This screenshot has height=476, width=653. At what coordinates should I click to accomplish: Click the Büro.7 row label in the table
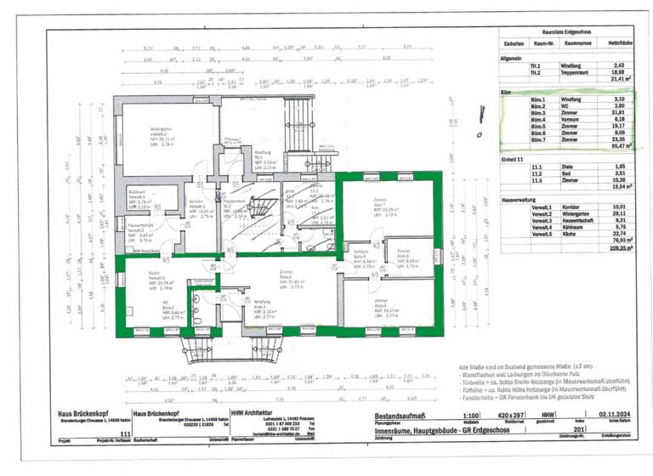(514, 139)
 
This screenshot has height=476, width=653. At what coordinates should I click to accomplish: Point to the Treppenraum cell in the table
(571, 72)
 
